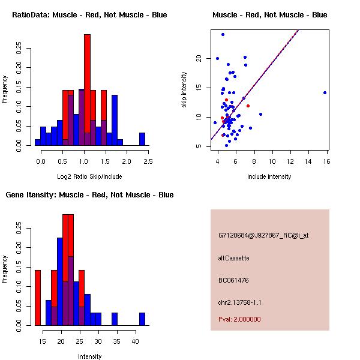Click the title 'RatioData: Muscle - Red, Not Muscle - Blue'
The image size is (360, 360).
pyautogui.click(x=89, y=14)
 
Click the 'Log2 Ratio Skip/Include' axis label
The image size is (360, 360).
pyautogui.click(x=89, y=176)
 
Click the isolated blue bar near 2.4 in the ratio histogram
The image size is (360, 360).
pyautogui.click(x=142, y=139)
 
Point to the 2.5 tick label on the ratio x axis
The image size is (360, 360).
pyautogui.click(x=148, y=161)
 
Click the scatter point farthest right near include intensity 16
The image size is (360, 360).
pyautogui.click(x=325, y=92)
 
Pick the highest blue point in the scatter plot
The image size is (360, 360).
pyautogui.click(x=223, y=34)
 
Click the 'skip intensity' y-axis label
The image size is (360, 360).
pyautogui.click(x=184, y=90)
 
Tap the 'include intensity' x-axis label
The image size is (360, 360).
pyautogui.click(x=269, y=176)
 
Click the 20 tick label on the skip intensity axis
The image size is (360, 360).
pyautogui.click(x=198, y=58)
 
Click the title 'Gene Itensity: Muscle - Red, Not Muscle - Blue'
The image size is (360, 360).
pyautogui.click(x=89, y=195)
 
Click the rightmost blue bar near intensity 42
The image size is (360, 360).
pyautogui.click(x=142, y=319)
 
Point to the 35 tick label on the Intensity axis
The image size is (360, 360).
pyautogui.click(x=117, y=341)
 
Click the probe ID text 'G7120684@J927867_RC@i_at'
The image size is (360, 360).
pyautogui.click(x=263, y=236)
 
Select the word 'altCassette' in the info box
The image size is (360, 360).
pyautogui.click(x=234, y=258)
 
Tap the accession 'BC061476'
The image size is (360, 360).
pyautogui.click(x=234, y=280)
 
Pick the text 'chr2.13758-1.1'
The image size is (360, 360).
pyautogui.click(x=240, y=302)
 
